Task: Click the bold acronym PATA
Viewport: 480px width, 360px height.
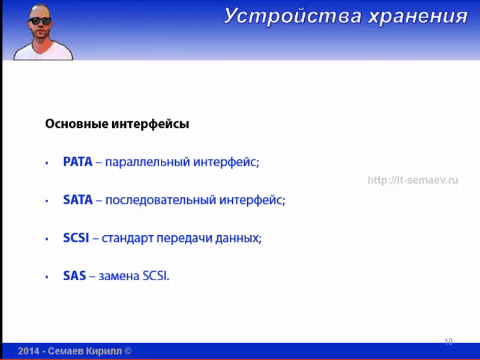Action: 78,162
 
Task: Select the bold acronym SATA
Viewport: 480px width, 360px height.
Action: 78,200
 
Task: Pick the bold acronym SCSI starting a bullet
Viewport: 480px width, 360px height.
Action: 76,238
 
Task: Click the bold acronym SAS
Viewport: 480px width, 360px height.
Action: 74,276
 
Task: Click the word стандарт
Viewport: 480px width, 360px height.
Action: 127,238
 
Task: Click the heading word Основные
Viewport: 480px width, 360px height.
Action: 77,124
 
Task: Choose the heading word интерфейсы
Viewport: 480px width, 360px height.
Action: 151,124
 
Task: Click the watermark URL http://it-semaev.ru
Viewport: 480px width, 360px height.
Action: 413,180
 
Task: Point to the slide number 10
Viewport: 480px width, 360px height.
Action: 448,341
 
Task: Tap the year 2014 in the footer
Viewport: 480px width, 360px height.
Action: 28,351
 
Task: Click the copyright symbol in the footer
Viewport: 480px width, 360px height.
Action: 128,351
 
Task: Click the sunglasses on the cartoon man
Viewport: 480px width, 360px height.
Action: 40,21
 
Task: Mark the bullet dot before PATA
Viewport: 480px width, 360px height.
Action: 47,163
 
